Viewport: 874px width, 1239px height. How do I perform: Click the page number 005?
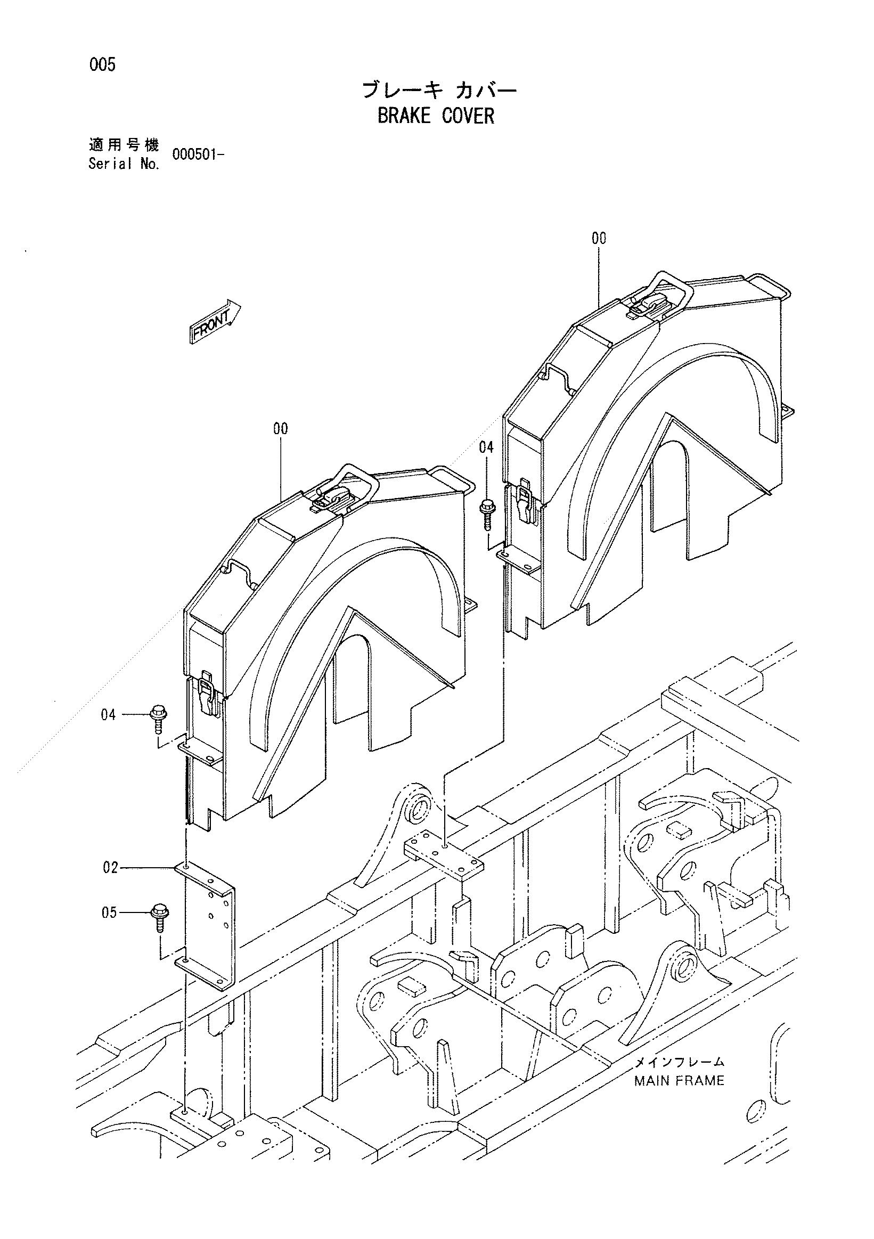[102, 65]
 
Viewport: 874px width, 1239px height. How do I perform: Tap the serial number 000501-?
[198, 155]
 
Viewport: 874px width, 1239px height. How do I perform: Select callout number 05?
[109, 912]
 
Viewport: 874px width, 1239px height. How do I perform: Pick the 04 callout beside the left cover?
[109, 715]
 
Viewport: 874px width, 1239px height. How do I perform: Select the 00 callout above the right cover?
[599, 239]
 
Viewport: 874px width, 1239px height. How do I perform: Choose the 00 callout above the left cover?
[281, 429]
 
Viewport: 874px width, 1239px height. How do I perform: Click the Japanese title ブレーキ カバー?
[440, 89]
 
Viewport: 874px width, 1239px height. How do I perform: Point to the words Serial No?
[124, 165]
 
